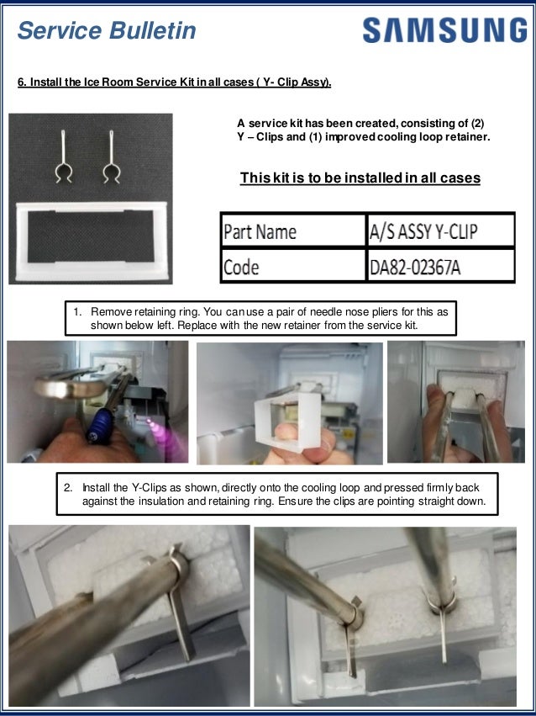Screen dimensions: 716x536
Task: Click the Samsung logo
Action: tap(444, 31)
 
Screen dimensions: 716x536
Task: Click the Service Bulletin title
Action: tap(107, 31)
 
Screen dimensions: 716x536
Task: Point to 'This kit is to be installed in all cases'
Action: tap(360, 178)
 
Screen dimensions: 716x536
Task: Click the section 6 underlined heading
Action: tap(175, 82)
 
